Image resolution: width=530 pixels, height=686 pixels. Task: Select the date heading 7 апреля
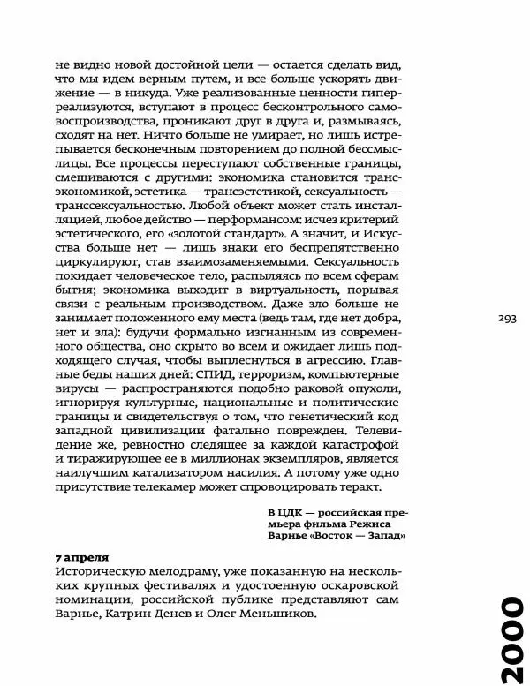[x=81, y=558]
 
